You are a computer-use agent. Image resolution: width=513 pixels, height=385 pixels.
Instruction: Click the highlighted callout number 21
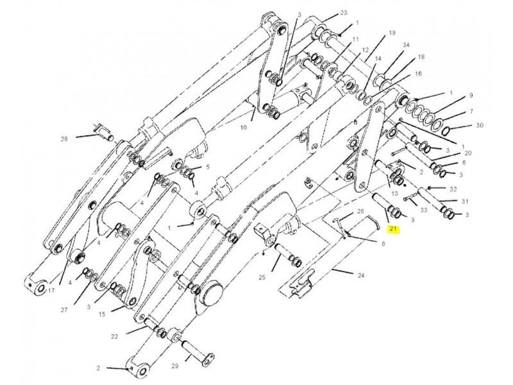pos(393,229)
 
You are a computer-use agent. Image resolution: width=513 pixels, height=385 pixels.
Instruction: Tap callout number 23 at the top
pos(343,13)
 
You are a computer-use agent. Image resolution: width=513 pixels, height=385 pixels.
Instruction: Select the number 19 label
pos(392,33)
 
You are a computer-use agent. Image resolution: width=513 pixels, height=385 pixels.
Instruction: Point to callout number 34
pos(406,44)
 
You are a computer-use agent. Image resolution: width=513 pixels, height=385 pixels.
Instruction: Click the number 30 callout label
pos(480,125)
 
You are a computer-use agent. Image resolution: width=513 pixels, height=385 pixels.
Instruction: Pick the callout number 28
pos(64,139)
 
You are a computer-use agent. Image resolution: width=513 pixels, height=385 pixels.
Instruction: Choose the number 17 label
pos(51,290)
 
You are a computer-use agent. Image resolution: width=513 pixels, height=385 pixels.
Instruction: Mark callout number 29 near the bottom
pos(175,366)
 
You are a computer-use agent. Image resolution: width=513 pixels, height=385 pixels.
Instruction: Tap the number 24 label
pos(360,275)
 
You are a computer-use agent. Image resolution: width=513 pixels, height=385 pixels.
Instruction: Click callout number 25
pos(262,278)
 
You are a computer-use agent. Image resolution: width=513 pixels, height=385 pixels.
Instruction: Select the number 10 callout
pos(244,127)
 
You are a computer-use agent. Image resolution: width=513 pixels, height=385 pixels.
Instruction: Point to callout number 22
pos(114,336)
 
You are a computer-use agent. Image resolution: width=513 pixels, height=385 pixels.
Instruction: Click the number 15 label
pos(102,314)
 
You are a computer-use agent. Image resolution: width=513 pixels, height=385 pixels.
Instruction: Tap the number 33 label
pos(424,210)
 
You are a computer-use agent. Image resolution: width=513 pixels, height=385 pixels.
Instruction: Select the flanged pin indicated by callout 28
pos(103,132)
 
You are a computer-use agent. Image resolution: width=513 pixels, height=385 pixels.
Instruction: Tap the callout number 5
pos(208,167)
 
